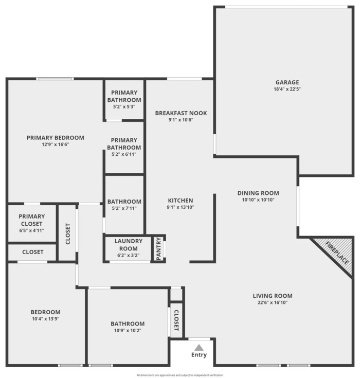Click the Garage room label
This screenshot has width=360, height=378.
tap(287, 82)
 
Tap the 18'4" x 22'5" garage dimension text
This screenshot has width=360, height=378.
tap(287, 89)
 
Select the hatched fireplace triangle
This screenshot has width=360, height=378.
tap(336, 256)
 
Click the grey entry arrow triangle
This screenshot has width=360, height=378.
tap(199, 347)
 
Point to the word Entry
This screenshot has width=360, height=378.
tap(199, 355)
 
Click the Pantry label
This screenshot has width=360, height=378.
tap(158, 249)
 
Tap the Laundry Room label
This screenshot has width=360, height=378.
tap(128, 245)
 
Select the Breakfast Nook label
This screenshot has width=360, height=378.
tap(181, 113)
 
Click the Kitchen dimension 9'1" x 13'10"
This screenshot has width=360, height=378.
tap(181, 207)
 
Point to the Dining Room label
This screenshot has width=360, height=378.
tap(258, 193)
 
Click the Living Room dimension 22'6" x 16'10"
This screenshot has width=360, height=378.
tap(273, 302)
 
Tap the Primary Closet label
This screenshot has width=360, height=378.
tap(31, 220)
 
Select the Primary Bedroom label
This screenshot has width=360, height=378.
tap(56, 138)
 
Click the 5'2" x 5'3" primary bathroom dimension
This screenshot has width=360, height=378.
tap(124, 106)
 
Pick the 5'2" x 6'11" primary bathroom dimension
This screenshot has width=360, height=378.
tap(124, 154)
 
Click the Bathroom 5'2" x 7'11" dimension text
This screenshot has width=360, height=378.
tap(124, 208)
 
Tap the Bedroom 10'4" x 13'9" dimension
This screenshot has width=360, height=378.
tap(46, 319)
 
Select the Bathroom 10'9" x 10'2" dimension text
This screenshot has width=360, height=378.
tap(128, 330)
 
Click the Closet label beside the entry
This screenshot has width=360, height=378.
tap(176, 320)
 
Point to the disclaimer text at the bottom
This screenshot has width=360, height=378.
tap(180, 375)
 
